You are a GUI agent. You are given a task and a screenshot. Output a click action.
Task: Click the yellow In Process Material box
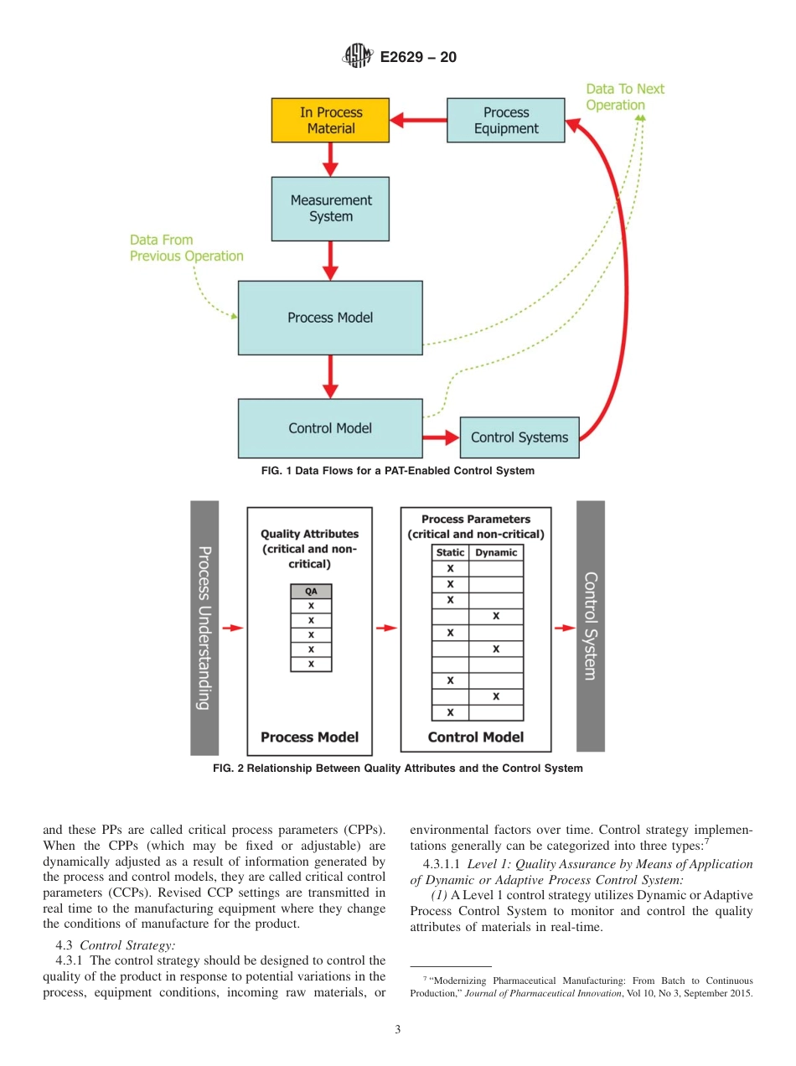(x=330, y=121)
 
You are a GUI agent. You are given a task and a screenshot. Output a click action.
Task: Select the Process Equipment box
(x=506, y=121)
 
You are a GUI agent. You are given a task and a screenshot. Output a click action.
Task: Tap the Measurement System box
(x=330, y=209)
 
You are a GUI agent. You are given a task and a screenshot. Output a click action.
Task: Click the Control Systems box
(x=519, y=437)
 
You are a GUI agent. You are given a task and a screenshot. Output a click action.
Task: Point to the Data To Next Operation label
(x=624, y=97)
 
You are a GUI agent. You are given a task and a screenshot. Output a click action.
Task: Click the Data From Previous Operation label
(x=186, y=248)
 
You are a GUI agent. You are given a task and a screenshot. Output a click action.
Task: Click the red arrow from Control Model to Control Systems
(x=441, y=437)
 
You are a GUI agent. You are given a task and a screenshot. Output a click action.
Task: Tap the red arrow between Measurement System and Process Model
(x=330, y=261)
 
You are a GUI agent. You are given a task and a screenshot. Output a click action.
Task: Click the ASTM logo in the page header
(x=357, y=57)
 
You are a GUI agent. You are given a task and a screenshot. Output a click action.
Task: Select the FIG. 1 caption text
(x=398, y=471)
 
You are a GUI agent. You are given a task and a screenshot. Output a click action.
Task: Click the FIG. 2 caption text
(x=398, y=768)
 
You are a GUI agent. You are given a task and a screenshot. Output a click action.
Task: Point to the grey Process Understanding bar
(x=204, y=628)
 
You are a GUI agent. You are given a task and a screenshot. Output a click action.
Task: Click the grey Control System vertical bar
(x=591, y=626)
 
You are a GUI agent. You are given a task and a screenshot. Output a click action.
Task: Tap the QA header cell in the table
(x=311, y=591)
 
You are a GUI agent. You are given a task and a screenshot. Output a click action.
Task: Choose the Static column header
(x=450, y=553)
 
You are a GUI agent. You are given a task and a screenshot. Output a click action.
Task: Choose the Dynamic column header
(x=496, y=553)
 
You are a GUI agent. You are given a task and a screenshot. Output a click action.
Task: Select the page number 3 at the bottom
(x=398, y=1030)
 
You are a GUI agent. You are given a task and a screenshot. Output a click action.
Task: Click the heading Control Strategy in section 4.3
(x=127, y=945)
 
